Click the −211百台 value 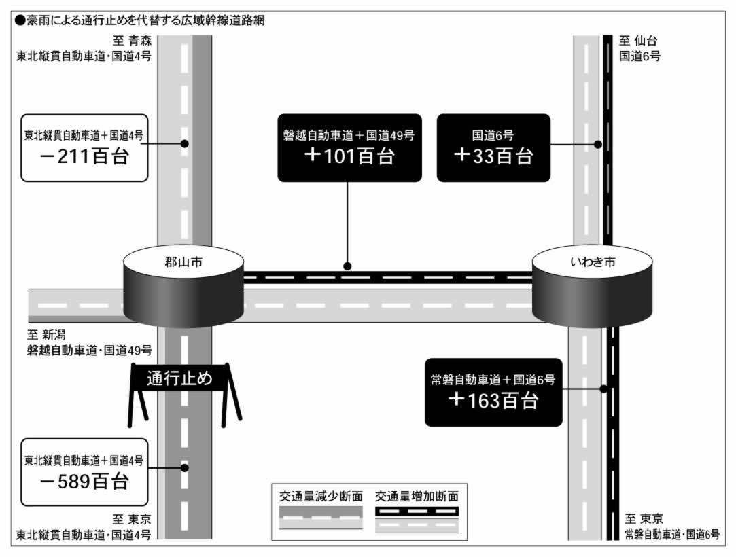click(84, 156)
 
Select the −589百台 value click(84, 482)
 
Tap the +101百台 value click(350, 156)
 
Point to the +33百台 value click(493, 156)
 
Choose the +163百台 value click(493, 400)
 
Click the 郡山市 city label click(183, 262)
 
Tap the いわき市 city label click(593, 262)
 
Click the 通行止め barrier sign click(180, 378)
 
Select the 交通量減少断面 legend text click(321, 497)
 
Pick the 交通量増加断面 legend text click(417, 497)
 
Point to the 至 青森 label click(133, 41)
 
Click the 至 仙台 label click(638, 41)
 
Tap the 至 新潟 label click(46, 335)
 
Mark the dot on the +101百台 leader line click(347, 266)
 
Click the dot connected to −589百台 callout click(184, 468)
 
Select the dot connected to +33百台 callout click(597, 145)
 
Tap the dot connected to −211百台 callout click(184, 143)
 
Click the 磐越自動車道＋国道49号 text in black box click(349, 136)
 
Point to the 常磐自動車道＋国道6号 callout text click(493, 380)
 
